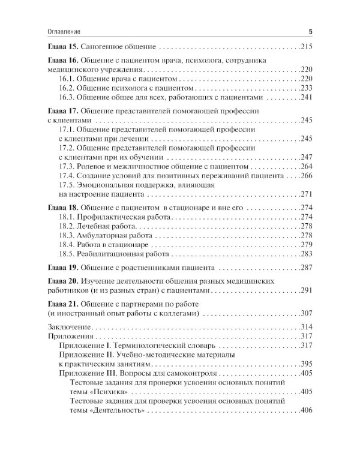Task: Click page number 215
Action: tap(306, 46)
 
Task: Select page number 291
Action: tap(306, 291)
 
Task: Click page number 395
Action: tap(306, 364)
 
